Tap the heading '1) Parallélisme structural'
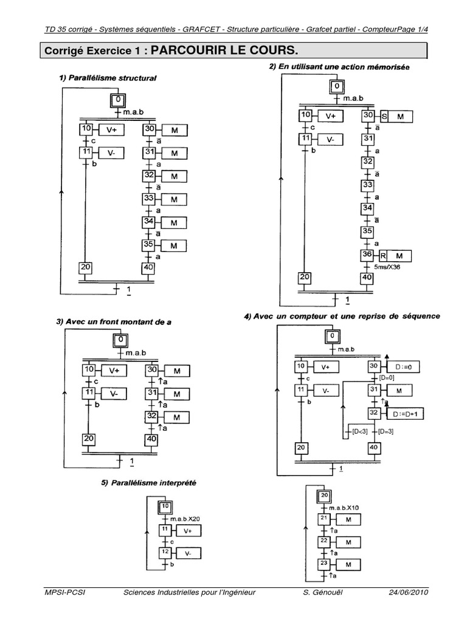pos(108,78)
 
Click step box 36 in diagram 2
pos(367,255)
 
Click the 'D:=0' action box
pos(406,367)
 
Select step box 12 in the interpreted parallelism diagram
pos(165,553)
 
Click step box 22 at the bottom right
pos(323,541)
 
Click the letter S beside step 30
pos(384,116)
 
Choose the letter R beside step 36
pos(384,255)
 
